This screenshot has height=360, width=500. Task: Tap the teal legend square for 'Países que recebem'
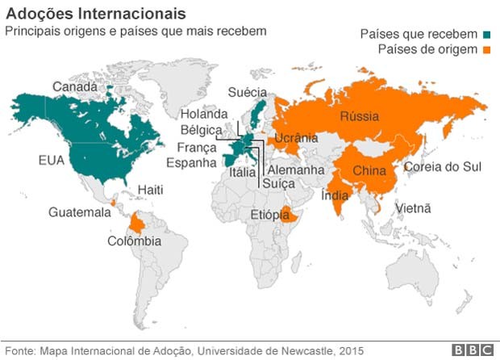486,35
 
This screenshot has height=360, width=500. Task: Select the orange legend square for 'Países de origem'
486,50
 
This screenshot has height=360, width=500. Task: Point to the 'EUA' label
51,160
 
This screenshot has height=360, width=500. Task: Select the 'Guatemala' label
79,212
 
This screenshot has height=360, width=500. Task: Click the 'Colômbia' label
135,241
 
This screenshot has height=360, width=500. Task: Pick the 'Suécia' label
248,92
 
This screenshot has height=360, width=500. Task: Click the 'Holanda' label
204,114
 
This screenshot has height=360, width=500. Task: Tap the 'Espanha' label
191,162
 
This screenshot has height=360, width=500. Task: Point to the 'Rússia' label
360,117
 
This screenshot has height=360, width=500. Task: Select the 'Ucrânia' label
296,138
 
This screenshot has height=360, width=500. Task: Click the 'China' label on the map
370,170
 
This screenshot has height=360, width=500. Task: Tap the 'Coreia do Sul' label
441,167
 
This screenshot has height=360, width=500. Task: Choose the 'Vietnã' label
413,209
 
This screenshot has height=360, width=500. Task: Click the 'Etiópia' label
270,215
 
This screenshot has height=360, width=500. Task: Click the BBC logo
473,350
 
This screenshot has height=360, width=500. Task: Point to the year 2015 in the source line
349,350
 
